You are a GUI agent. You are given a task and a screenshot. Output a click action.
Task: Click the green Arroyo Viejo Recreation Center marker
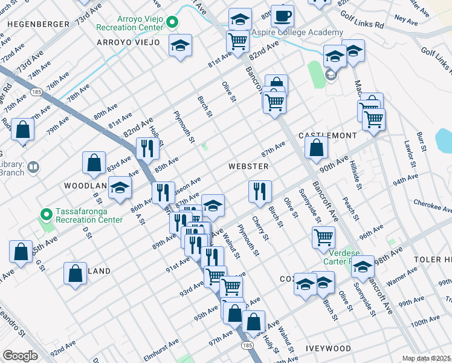click(x=173, y=23)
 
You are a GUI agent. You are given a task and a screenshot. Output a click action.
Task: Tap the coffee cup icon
click(x=282, y=15)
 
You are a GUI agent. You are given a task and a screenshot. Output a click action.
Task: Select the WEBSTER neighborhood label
click(x=248, y=166)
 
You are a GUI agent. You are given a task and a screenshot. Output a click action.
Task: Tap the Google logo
click(x=20, y=356)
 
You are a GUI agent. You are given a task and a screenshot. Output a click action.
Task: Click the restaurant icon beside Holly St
click(x=147, y=149)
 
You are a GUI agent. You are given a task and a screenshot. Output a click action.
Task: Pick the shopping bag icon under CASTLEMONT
click(x=316, y=147)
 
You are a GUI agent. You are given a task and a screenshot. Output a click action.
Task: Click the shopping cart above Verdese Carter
click(x=324, y=237)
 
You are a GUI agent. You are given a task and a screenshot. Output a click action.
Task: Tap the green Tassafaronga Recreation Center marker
click(x=46, y=215)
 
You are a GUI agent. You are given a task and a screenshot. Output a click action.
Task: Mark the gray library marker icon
click(x=33, y=167)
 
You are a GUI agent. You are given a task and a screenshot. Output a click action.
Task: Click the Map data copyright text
click(x=426, y=358)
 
